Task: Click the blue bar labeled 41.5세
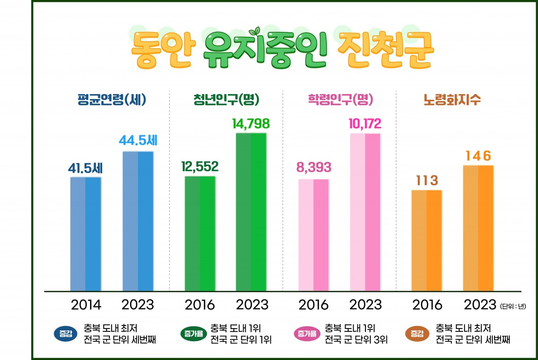[86, 234]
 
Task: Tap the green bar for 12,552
[200, 233]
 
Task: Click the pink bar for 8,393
[313, 235]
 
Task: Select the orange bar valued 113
[426, 240]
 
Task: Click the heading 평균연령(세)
[112, 100]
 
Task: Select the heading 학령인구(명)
[341, 100]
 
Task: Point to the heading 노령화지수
[452, 100]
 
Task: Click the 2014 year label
[86, 305]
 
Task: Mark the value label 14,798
[251, 124]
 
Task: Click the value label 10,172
[365, 124]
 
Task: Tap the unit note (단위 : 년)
[512, 307]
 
